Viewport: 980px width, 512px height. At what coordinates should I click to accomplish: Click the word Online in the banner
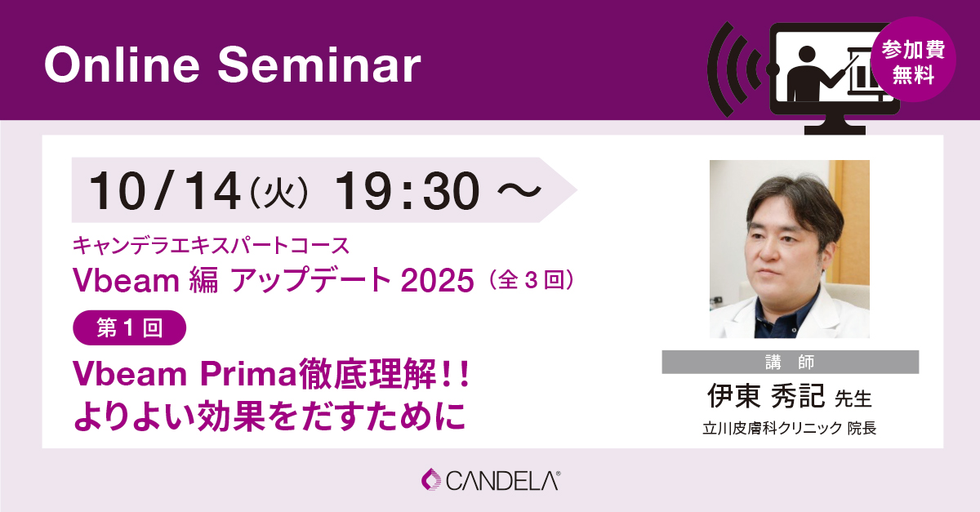click(122, 65)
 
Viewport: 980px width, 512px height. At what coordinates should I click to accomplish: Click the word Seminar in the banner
click(319, 65)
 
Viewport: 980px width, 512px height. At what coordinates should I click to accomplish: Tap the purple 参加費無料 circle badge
click(913, 60)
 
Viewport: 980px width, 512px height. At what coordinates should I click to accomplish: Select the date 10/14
click(164, 191)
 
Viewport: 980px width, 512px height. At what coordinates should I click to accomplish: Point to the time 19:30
click(407, 191)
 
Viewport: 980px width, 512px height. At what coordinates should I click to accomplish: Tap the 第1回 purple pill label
click(130, 327)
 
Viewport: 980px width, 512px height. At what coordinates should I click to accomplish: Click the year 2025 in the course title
click(437, 280)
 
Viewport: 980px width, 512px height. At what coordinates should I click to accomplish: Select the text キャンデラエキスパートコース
click(211, 245)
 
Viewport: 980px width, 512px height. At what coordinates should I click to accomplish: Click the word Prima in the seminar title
click(249, 374)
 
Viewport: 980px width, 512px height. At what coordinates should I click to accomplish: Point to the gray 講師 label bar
click(791, 362)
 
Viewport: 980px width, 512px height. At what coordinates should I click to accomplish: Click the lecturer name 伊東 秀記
click(766, 396)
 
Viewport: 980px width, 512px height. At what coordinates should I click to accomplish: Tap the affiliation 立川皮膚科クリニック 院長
click(790, 428)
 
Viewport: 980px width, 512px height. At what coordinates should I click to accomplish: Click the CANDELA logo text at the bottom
click(503, 481)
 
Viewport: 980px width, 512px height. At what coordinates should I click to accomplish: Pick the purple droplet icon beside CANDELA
click(431, 479)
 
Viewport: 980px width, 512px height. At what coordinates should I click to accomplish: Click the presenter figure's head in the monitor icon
click(807, 56)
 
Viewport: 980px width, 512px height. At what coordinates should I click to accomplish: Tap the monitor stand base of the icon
click(835, 130)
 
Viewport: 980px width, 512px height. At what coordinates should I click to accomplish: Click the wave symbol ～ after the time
click(519, 191)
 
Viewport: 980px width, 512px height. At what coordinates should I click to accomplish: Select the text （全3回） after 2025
click(532, 280)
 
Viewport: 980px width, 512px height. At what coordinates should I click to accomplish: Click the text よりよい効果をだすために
click(269, 416)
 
